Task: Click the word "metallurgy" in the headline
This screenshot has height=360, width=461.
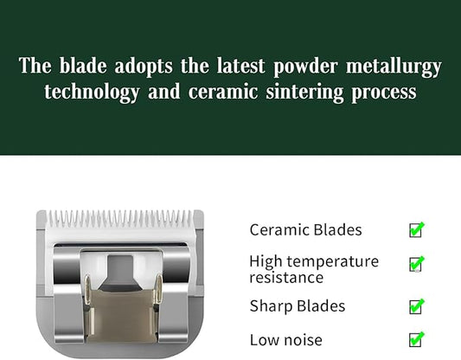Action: pyautogui.click(x=394, y=67)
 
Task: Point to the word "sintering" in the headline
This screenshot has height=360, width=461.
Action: pyautogui.click(x=303, y=93)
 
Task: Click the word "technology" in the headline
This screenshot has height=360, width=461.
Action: pyautogui.click(x=90, y=93)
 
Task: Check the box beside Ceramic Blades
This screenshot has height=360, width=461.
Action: pyautogui.click(x=416, y=230)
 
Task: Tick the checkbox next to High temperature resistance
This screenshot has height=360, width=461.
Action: pyautogui.click(x=416, y=264)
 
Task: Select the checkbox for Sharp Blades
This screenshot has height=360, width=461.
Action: pyautogui.click(x=416, y=306)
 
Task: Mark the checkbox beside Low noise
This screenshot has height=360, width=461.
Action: pyautogui.click(x=416, y=339)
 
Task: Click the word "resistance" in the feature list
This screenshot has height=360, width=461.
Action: pyautogui.click(x=285, y=278)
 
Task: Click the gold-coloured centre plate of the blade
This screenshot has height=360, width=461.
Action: pyautogui.click(x=121, y=312)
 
